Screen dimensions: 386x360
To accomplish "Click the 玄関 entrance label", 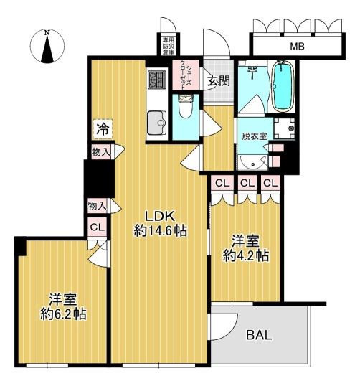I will coord(219,81).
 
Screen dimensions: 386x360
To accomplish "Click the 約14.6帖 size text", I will coord(159,231).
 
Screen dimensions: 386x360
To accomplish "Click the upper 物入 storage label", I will coord(100,151).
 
